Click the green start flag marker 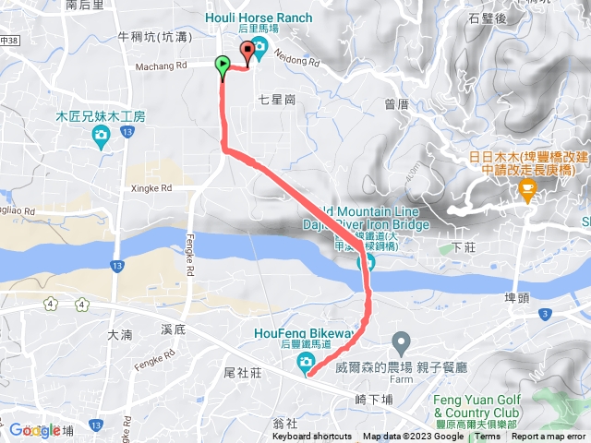click(223, 65)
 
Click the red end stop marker click(247, 52)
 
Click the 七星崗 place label click(276, 99)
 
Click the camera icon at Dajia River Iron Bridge click(366, 264)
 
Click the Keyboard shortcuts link click(312, 437)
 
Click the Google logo click(35, 429)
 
